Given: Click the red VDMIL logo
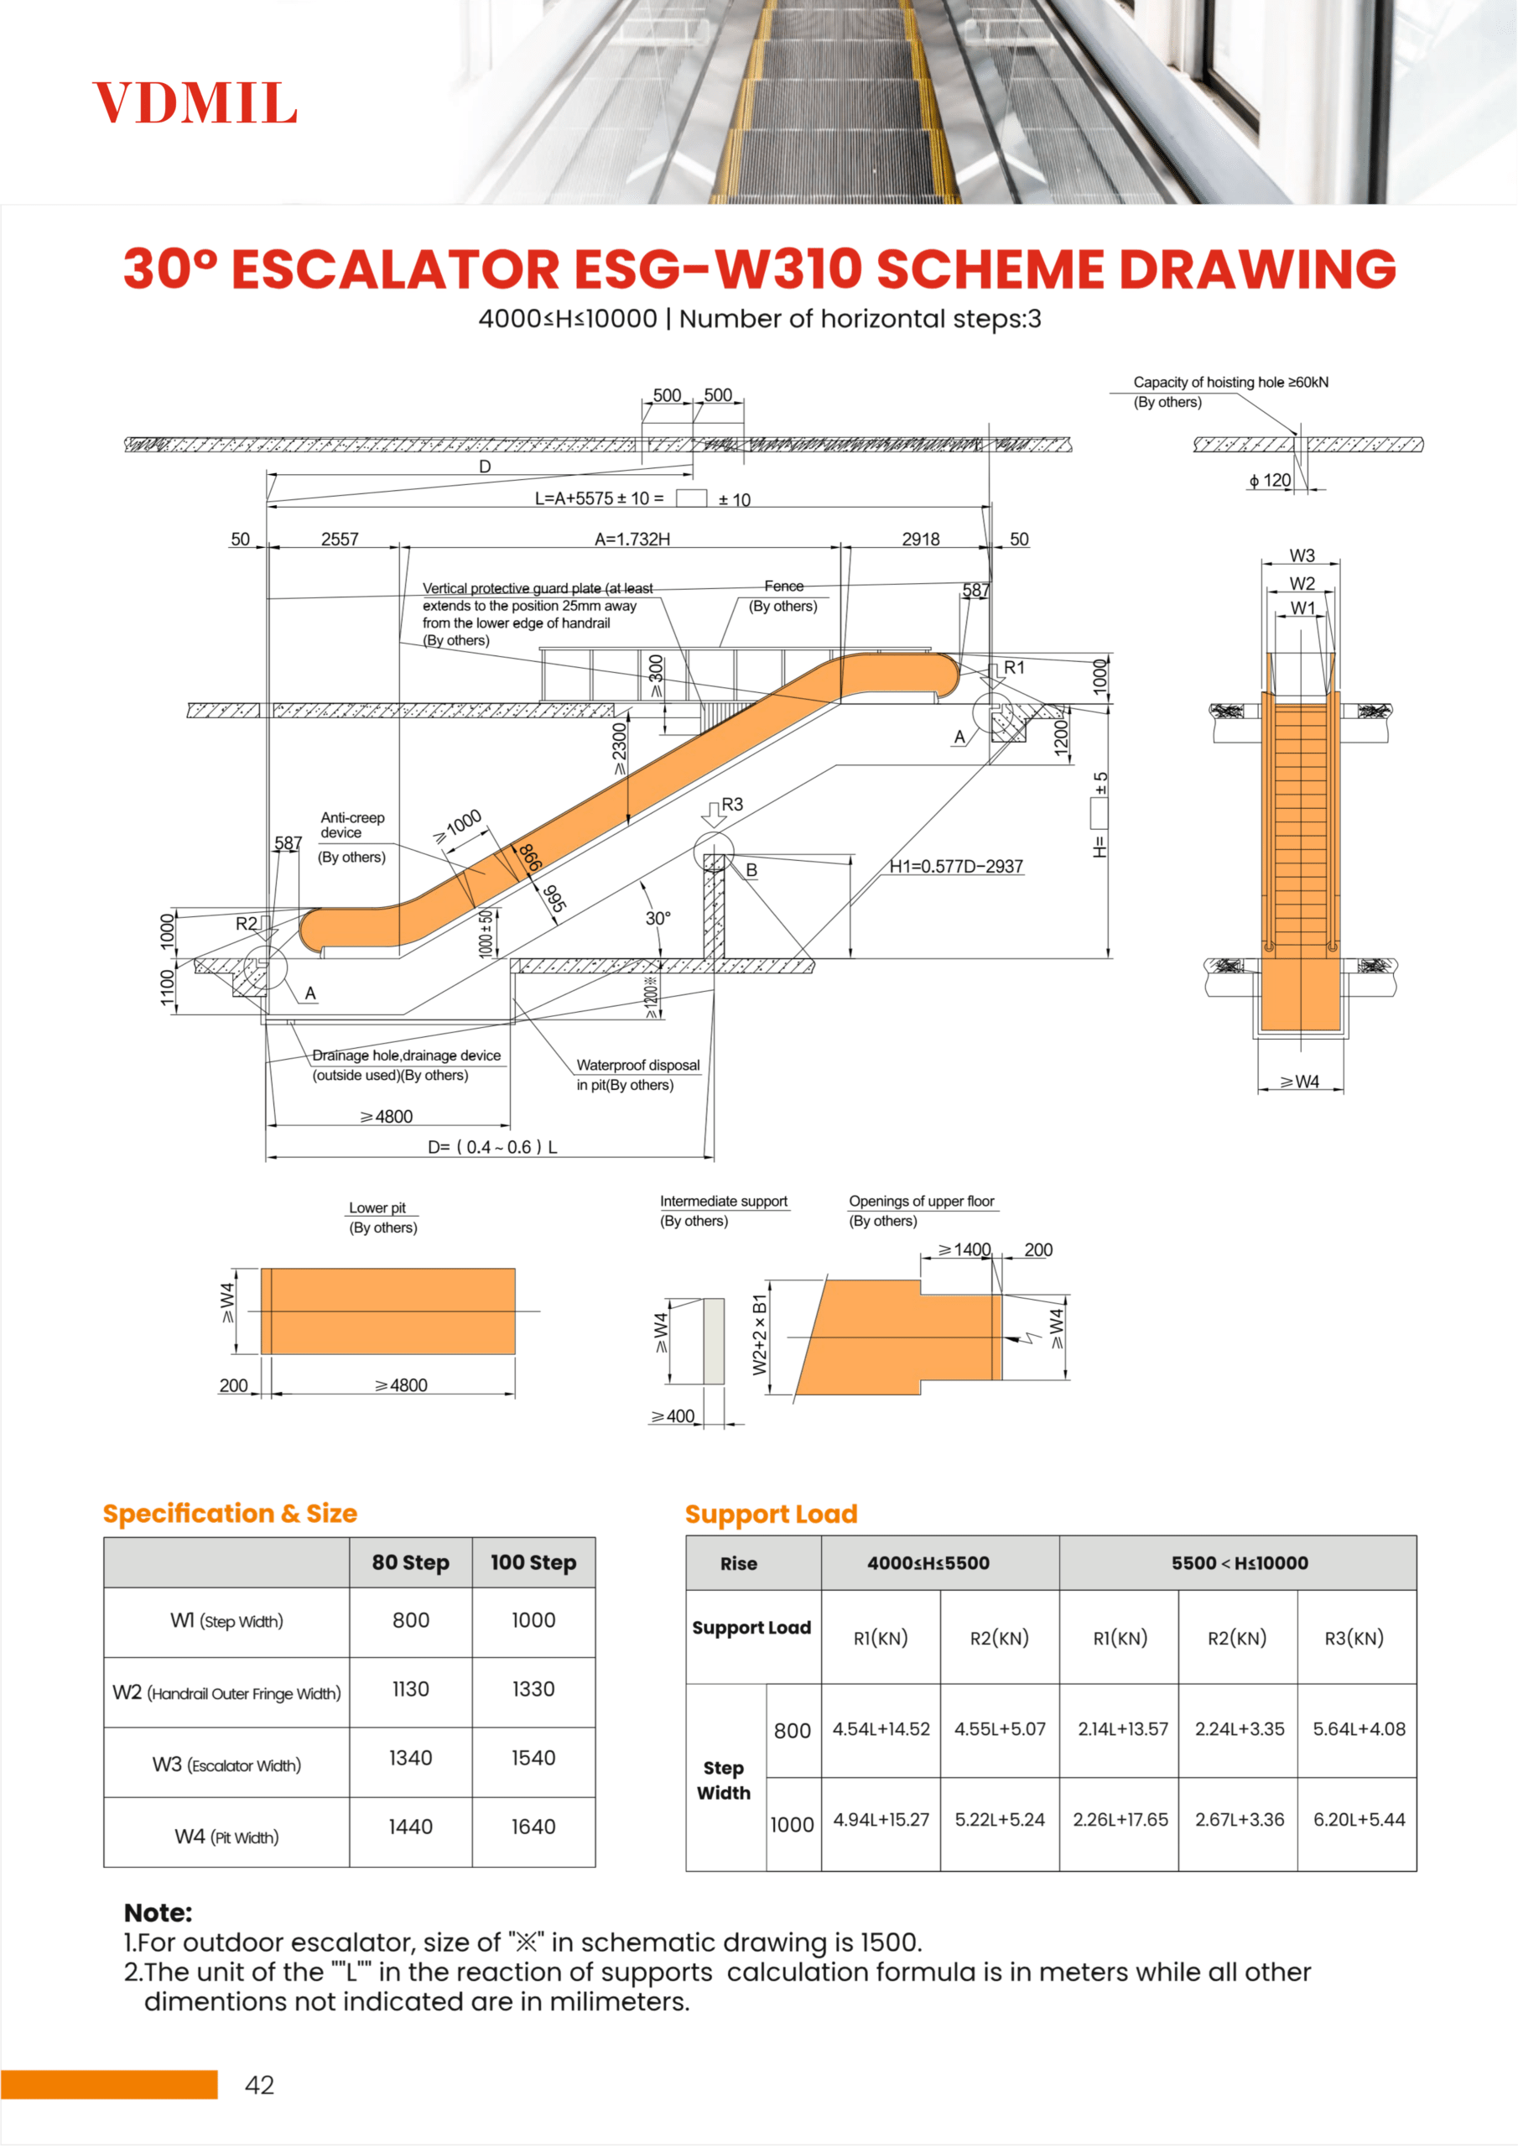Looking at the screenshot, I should [195, 103].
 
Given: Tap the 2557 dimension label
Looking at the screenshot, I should [340, 539].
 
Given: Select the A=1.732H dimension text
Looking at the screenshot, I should [632, 539].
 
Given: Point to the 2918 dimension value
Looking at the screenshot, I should [920, 539].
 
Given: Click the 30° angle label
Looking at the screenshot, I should [658, 919].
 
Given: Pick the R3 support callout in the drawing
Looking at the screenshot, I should [731, 805].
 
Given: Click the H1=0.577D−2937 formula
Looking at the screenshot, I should [955, 866].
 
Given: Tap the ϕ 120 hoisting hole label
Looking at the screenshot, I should [1269, 480].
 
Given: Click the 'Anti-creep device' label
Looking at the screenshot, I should [351, 825].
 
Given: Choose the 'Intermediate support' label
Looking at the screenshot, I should [723, 1202].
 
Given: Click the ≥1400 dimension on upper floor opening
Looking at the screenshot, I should [964, 1250].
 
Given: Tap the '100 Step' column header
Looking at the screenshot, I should [533, 1562].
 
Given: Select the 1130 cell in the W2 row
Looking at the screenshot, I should [411, 1689].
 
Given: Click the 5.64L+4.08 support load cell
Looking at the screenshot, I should [1358, 1728].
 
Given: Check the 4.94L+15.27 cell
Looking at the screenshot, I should [881, 1820].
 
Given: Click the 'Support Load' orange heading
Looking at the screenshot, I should [771, 1514].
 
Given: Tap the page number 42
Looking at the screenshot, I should [259, 2085].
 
